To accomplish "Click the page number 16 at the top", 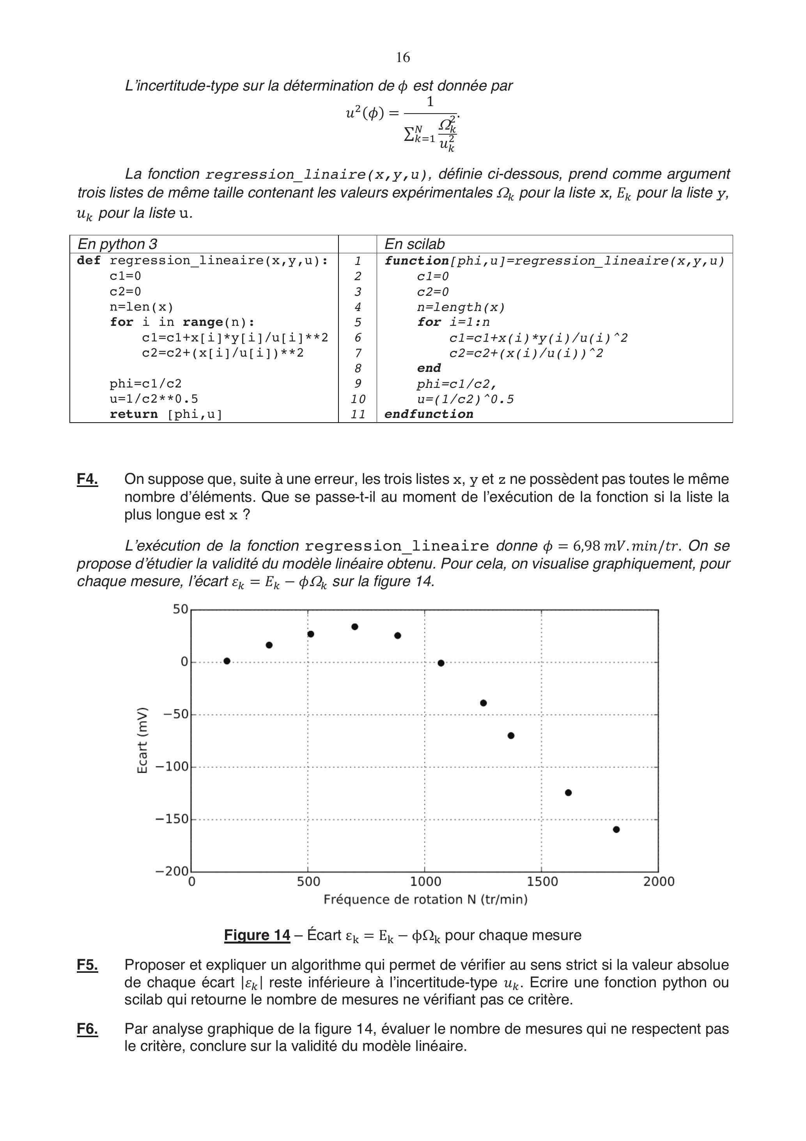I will pos(403,58).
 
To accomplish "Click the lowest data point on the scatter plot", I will pos(616,830).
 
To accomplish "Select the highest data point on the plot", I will pos(354,627).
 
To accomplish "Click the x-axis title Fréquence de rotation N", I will pos(425,899).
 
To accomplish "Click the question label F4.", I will pos(87,479).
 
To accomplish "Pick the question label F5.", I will pos(87,965).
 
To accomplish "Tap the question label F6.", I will pos(87,1029).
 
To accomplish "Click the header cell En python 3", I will pos(118,244).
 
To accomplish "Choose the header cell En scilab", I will pos(415,244).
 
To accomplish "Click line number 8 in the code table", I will pos(358,368).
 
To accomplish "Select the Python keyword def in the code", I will pos(89,260).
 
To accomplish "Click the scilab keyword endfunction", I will pos(429,414).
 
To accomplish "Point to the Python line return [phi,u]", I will pos(166,414).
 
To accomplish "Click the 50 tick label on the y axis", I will pos(180,609).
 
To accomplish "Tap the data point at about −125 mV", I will pos(568,793).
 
